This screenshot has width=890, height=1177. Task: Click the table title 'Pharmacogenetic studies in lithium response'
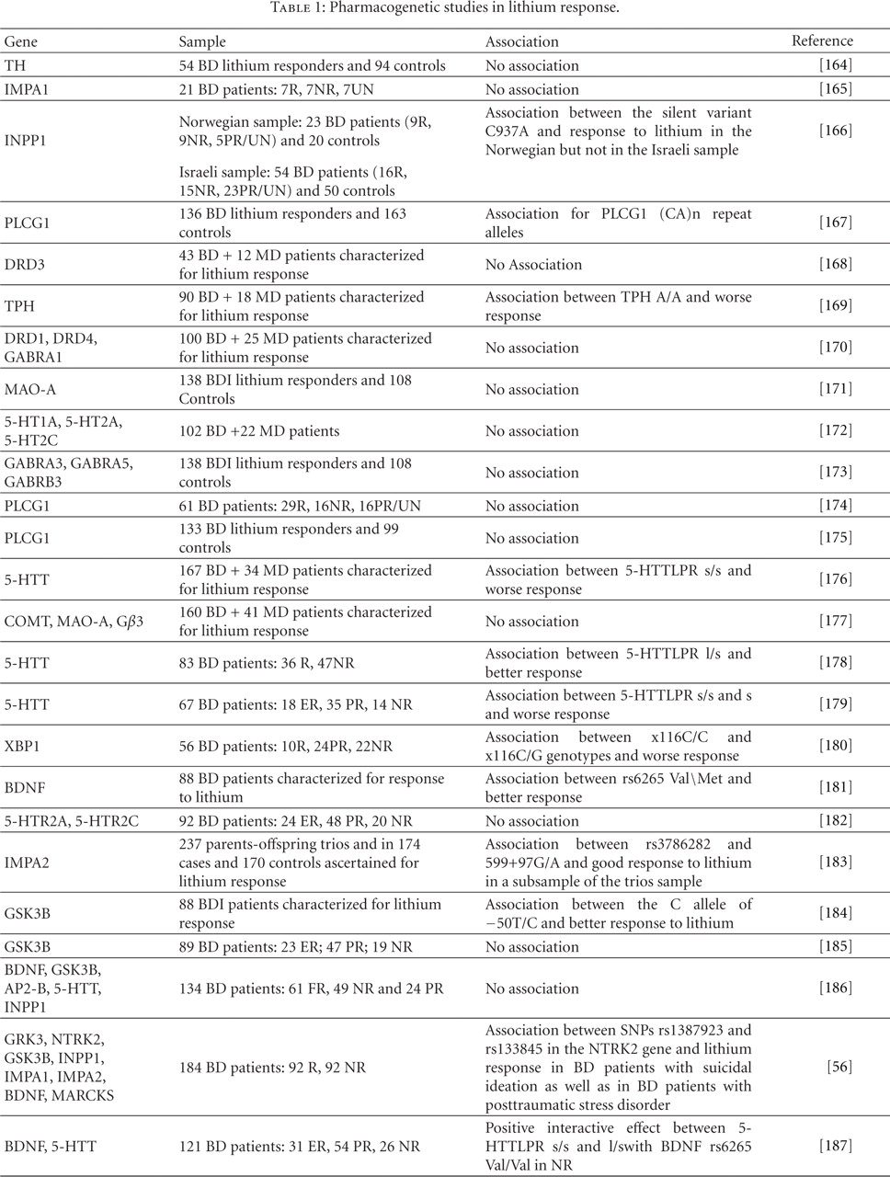445,8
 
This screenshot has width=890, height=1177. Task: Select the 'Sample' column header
202,41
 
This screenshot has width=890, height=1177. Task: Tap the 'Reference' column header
822,40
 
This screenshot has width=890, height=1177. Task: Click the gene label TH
15,65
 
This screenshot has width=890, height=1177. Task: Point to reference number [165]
835,89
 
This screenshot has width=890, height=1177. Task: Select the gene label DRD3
25,265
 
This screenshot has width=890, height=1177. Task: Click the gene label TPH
19,306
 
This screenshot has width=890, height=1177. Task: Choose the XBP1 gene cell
22,746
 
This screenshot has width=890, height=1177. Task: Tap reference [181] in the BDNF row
835,787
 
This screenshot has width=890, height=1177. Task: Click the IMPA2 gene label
27,863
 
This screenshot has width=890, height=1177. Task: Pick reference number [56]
839,1068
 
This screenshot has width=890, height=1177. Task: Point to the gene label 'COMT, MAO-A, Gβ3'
74,622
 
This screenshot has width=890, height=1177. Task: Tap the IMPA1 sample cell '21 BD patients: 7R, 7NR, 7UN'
276,89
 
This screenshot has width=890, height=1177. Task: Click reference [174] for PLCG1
835,506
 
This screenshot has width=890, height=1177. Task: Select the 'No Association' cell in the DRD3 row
533,265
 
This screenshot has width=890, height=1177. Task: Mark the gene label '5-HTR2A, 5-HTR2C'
72,821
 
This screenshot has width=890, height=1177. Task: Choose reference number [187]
835,1146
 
